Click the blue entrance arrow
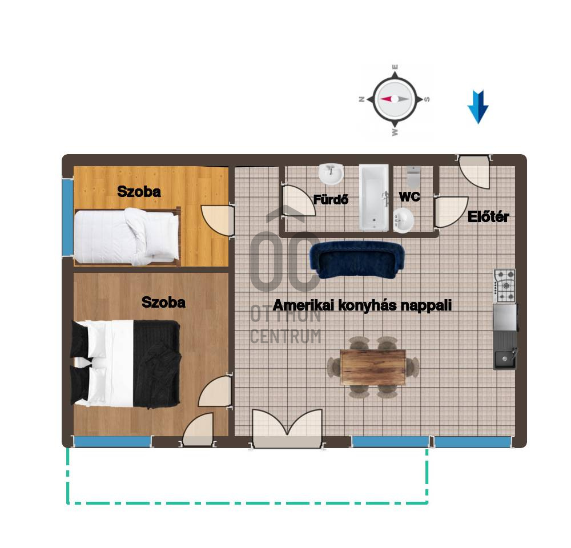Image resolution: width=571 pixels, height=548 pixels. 478,107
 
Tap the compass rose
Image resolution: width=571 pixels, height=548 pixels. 395,99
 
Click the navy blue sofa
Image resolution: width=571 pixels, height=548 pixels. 357,259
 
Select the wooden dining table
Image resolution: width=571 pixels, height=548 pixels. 373,367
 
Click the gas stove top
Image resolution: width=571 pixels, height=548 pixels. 505,286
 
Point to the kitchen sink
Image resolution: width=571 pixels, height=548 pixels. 505,359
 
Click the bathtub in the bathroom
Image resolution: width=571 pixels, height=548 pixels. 374,198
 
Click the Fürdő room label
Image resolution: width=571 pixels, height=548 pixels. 331,200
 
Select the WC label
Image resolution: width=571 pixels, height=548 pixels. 409,197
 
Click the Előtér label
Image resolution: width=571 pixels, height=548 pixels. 488,217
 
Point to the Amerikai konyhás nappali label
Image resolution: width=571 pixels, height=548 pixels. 362,305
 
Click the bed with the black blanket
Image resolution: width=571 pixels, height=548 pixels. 126,364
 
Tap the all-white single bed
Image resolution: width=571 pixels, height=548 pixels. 127,236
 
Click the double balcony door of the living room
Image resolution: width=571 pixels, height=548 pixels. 287,428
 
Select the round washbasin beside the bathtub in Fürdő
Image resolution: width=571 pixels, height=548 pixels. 331,174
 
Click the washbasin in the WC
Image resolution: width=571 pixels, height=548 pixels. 403,220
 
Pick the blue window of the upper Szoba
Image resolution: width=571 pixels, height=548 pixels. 67,217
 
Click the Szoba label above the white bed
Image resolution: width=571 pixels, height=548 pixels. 139,192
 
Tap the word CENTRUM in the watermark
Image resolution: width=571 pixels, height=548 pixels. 286,336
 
